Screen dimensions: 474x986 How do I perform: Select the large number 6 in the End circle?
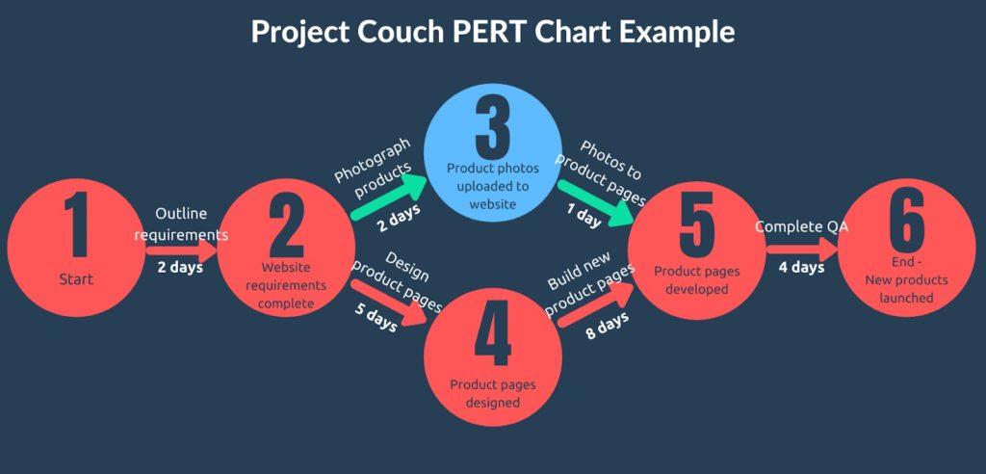(x=906, y=224)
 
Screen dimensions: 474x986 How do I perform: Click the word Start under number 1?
(x=76, y=280)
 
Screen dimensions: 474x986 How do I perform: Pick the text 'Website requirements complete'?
(x=286, y=285)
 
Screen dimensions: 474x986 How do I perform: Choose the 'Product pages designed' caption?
(x=493, y=393)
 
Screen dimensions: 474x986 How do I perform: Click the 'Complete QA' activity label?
(x=801, y=227)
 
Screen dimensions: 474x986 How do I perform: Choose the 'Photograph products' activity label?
(x=373, y=171)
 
